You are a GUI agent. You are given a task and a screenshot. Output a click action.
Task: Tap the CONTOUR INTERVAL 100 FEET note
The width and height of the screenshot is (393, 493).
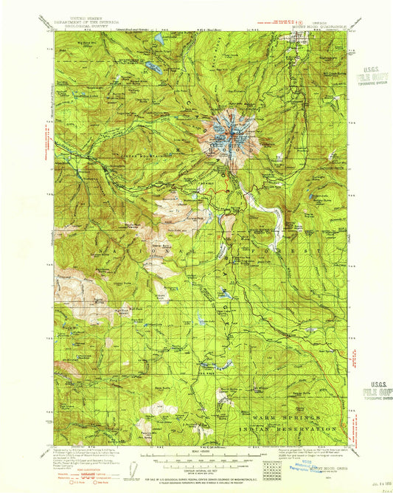[x=195, y=464]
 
